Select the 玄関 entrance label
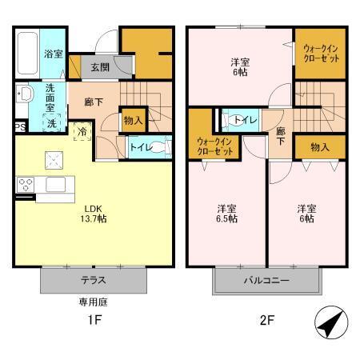click(x=100, y=67)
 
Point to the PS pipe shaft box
click(x=18, y=126)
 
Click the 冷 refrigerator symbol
click(x=82, y=130)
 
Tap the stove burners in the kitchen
click(x=26, y=184)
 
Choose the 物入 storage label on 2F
click(x=319, y=147)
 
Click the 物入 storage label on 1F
click(x=133, y=121)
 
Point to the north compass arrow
click(x=330, y=324)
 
